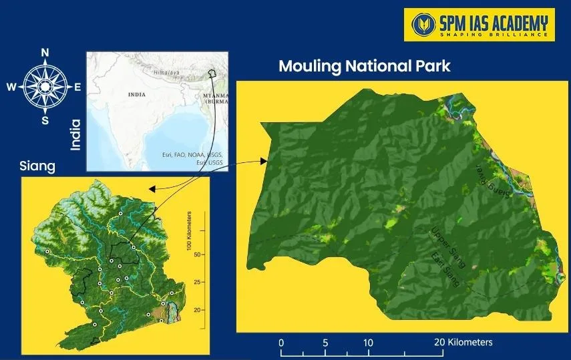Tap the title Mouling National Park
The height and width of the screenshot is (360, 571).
pos(365,66)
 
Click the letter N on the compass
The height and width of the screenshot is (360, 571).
pos(45,53)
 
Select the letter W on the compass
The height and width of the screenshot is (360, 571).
pos(11,87)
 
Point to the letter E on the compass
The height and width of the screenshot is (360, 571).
pos(77,87)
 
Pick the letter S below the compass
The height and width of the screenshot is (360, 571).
pos(45,120)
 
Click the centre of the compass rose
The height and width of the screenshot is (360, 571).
pos(45,87)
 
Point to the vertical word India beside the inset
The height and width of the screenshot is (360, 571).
pos(75,134)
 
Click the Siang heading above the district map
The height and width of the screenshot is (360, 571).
pos(37,165)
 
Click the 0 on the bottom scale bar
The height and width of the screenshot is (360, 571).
pos(281,343)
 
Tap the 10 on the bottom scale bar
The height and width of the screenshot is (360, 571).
pos(367,343)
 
